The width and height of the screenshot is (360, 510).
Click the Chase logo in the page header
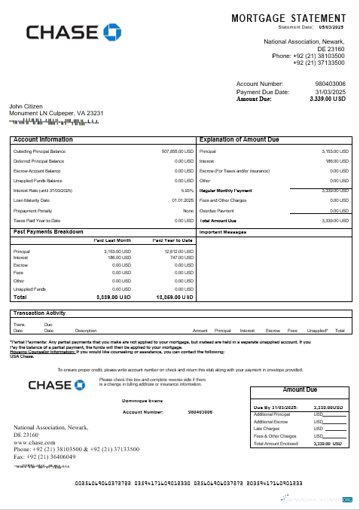(x=73, y=32)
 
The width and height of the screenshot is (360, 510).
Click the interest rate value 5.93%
(x=188, y=191)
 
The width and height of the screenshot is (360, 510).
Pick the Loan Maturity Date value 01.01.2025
(x=183, y=200)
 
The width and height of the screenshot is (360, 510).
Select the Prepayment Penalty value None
(x=188, y=210)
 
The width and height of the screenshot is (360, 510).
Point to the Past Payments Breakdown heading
(x=49, y=231)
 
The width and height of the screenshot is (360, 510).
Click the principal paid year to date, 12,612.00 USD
(x=178, y=251)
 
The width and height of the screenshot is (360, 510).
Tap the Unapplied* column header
(x=317, y=330)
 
